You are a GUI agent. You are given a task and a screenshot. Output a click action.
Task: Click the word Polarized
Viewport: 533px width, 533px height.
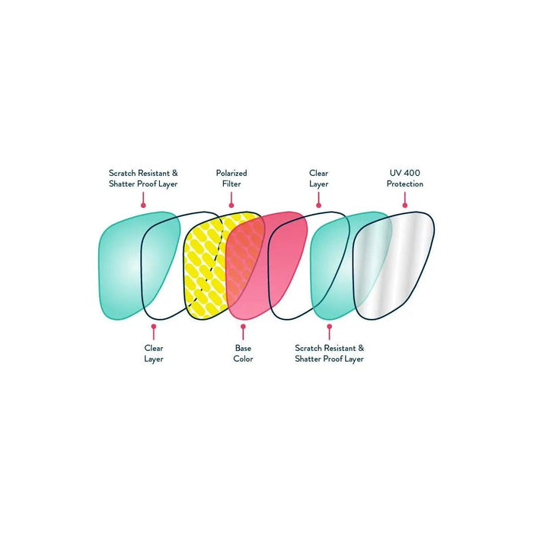pyautogui.click(x=231, y=173)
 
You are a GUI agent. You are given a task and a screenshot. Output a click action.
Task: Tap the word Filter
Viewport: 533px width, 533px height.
pyautogui.click(x=231, y=184)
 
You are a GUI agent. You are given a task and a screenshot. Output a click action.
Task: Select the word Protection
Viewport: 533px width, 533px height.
pyautogui.click(x=405, y=184)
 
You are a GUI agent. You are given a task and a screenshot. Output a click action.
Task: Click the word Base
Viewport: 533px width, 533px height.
pyautogui.click(x=243, y=347)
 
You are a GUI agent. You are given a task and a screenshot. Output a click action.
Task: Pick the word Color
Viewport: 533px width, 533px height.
pyautogui.click(x=243, y=359)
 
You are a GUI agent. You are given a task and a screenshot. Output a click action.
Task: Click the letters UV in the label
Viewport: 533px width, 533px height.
pyautogui.click(x=394, y=173)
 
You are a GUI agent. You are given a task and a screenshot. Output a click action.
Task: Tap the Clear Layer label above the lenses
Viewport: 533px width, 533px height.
pyautogui.click(x=318, y=178)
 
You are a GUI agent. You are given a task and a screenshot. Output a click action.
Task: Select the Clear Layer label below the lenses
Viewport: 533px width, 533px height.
pyautogui.click(x=154, y=353)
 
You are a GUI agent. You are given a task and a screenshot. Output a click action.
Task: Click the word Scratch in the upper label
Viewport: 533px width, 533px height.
pyautogui.click(x=123, y=173)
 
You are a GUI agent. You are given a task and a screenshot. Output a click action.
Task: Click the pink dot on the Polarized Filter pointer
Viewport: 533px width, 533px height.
pyautogui.click(x=231, y=204)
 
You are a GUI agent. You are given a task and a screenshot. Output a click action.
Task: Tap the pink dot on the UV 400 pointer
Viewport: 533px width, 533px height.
pyautogui.click(x=404, y=204)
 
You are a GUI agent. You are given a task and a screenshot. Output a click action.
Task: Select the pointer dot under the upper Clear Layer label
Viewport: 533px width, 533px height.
pyautogui.click(x=318, y=204)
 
